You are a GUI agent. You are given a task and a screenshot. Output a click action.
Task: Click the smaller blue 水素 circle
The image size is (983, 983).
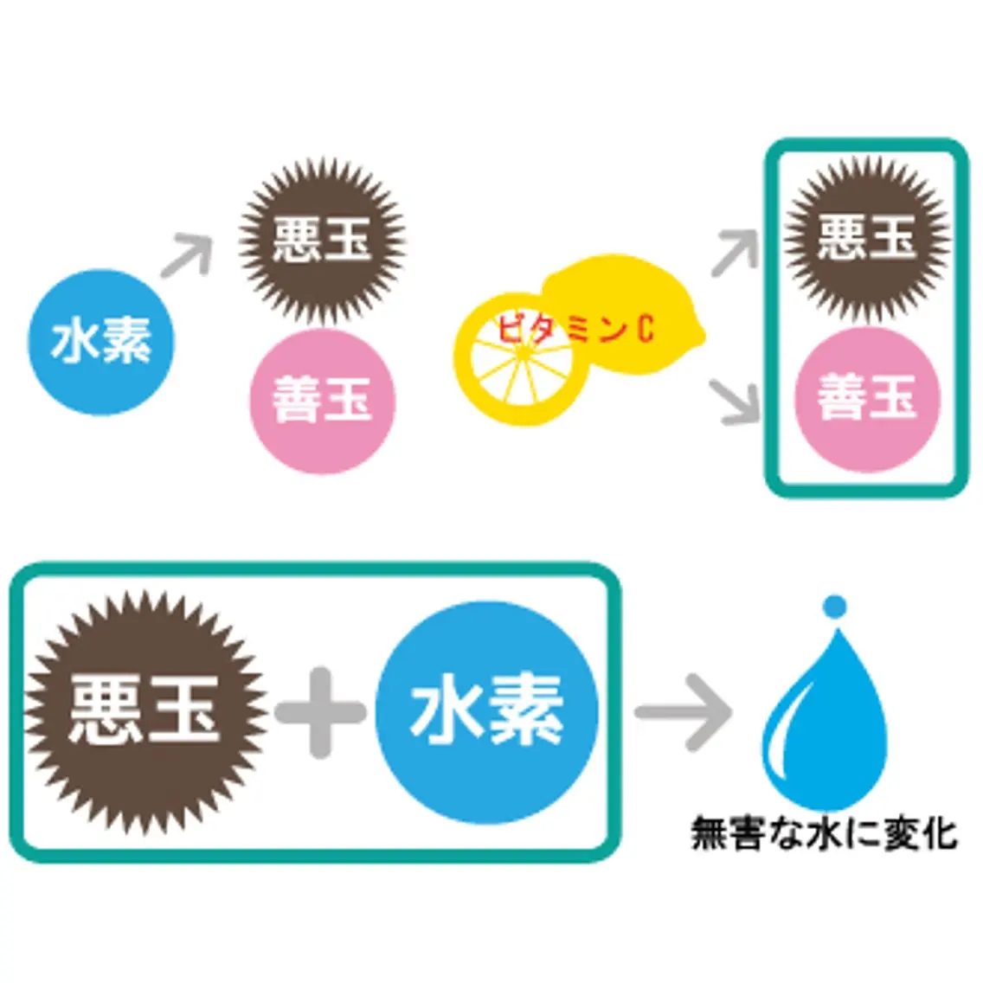[101, 343]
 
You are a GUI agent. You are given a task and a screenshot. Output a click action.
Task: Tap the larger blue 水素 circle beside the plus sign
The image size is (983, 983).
[487, 713]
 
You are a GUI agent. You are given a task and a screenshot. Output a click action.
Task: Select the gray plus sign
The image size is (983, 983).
[320, 713]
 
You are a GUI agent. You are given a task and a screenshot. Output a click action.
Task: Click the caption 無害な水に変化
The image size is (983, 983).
[824, 833]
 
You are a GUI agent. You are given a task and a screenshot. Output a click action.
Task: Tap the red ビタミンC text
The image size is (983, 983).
[575, 328]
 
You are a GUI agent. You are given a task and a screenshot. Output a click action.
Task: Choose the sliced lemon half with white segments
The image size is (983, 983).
[522, 359]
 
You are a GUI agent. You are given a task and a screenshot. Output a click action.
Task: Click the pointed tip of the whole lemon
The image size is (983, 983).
[703, 334]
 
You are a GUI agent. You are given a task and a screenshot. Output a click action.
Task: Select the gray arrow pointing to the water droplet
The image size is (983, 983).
[684, 713]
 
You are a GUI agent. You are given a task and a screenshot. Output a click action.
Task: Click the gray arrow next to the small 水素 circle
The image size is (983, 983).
[188, 254]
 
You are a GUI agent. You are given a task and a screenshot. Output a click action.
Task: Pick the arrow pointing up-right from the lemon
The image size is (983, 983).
[736, 253]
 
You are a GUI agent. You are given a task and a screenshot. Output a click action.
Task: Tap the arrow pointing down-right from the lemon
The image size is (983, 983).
[735, 402]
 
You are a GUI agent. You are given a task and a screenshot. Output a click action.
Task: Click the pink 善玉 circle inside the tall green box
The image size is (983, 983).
[868, 400]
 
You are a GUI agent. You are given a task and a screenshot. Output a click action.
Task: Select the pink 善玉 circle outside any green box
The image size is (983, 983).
[323, 402]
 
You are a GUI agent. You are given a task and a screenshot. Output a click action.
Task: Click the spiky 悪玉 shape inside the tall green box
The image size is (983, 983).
[868, 239]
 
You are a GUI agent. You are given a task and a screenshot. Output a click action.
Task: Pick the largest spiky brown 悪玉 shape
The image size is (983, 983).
[145, 713]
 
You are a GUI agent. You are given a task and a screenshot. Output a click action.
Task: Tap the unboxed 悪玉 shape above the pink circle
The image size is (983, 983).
[322, 241]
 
